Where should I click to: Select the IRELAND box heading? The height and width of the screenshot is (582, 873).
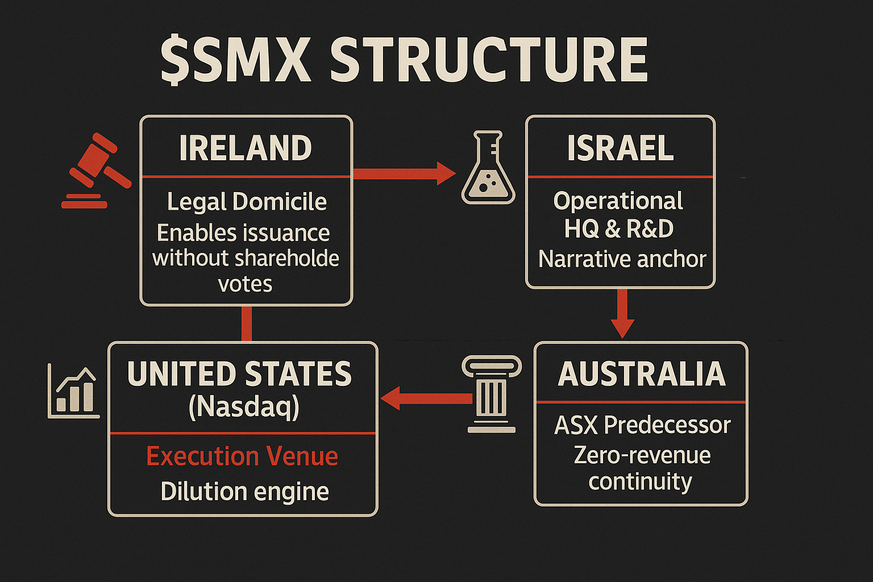click(246, 148)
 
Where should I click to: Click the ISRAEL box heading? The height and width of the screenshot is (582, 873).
click(620, 148)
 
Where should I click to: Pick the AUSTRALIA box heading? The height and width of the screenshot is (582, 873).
click(642, 374)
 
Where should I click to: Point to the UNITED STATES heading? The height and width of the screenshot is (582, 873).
click(240, 374)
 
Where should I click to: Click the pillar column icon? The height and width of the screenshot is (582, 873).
click(492, 394)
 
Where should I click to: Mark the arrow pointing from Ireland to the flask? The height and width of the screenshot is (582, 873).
click(404, 173)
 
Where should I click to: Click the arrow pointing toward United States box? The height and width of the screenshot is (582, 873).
click(426, 398)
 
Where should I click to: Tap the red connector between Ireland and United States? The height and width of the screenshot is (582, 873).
click(246, 324)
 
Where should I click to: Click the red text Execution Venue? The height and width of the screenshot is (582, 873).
click(242, 456)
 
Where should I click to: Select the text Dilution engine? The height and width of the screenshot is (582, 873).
click(244, 492)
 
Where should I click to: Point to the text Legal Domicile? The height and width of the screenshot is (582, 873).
click(247, 202)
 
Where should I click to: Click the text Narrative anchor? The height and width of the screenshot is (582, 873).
click(622, 259)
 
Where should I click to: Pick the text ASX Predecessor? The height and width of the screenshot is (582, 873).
click(642, 425)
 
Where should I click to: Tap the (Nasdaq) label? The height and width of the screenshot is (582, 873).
click(243, 407)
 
